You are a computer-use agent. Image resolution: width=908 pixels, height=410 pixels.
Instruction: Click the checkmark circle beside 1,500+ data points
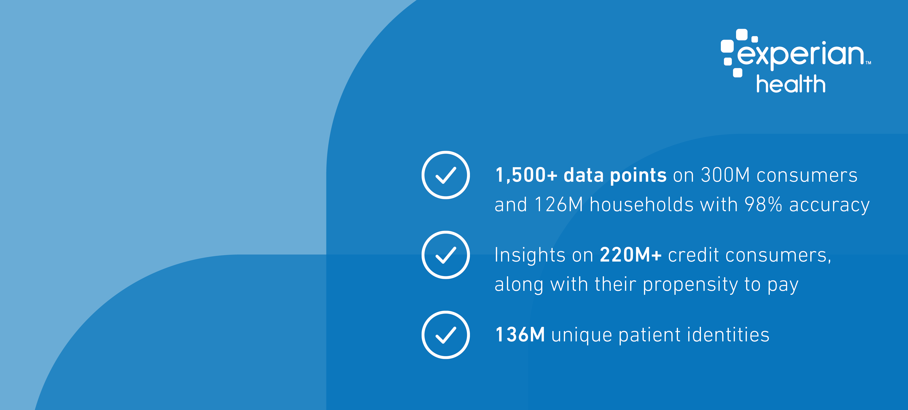pos(446,175)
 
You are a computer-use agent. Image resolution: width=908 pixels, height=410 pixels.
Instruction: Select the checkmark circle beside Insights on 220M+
pos(446,255)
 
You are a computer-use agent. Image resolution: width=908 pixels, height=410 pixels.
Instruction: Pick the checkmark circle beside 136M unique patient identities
pos(446,335)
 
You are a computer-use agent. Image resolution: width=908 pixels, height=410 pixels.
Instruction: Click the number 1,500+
pos(526,175)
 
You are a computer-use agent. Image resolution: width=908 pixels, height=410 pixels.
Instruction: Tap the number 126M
pos(559,205)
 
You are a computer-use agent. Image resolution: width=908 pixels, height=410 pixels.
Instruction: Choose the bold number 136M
pos(520,335)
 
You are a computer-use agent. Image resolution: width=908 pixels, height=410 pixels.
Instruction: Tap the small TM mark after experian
pos(868,63)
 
